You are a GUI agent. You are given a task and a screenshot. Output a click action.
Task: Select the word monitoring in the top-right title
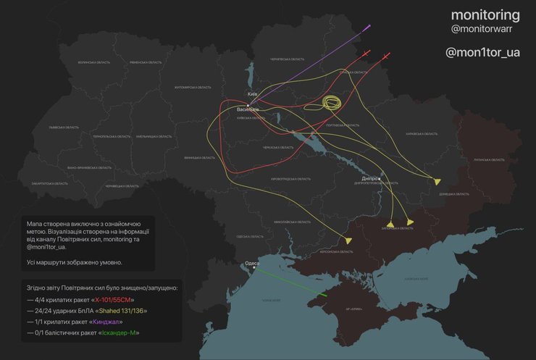coord(485,14)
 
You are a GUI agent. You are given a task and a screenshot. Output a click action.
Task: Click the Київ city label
coord(252,94)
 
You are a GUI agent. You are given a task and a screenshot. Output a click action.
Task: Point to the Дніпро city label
coord(369,177)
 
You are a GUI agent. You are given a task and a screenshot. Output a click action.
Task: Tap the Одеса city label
coord(252,264)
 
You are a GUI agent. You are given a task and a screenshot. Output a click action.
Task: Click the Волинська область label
coord(94,63)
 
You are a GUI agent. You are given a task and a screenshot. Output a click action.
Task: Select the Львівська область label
coord(64,127)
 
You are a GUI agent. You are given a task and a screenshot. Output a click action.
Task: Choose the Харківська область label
coord(422,133)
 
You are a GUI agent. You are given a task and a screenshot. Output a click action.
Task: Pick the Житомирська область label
coord(192,88)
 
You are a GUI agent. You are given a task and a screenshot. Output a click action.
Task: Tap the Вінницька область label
coord(198,157)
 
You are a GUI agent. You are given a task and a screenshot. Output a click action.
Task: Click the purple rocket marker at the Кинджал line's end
coord(369,28)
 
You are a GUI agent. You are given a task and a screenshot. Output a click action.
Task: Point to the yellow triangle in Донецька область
coord(437,181)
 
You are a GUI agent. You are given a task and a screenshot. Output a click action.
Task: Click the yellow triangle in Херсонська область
coord(348,240)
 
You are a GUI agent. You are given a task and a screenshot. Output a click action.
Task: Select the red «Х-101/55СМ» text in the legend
coord(112,300)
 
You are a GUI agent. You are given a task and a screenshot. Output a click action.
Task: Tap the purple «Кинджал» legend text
coord(106,322)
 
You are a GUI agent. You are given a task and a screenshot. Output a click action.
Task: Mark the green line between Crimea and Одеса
coord(290,282)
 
